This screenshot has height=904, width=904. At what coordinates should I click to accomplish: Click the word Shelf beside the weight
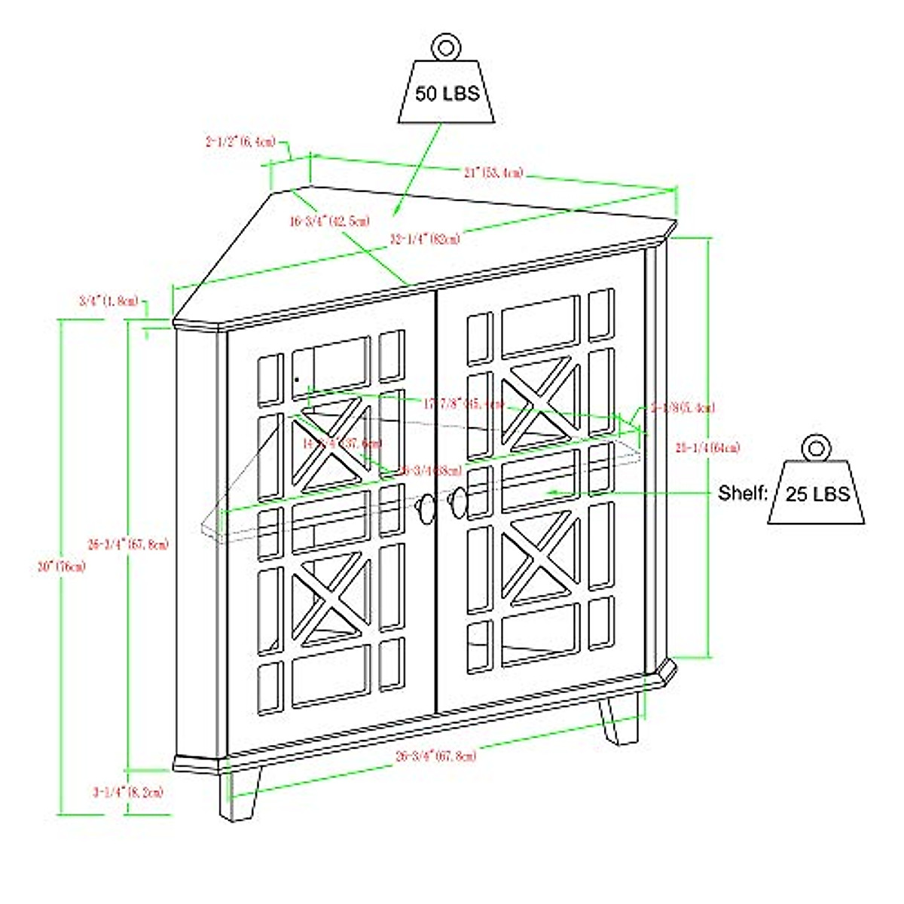coord(742,493)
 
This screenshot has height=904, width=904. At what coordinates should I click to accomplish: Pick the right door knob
coord(457,502)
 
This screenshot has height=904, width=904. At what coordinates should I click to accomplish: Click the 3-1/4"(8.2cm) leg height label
coord(128,792)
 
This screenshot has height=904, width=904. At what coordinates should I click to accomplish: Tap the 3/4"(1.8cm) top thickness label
coord(108,301)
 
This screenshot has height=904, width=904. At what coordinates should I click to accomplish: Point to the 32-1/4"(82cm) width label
coord(425,239)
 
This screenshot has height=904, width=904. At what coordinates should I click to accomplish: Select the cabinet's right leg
coord(619,719)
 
